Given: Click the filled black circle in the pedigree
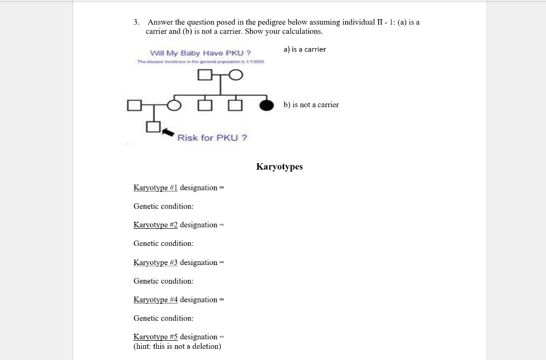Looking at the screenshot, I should tap(267, 105).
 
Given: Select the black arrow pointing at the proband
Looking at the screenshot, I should tap(168, 131).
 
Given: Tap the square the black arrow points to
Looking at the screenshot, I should tap(153, 127).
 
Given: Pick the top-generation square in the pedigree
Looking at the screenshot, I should tap(204, 76).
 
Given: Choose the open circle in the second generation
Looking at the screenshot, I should tap(174, 105).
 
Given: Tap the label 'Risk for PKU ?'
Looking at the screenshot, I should tap(212, 138).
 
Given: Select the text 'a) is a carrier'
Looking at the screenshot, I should tap(304, 49).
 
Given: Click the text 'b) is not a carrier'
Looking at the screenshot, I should tap(311, 105).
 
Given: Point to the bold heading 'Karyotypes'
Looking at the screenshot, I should tap(279, 166).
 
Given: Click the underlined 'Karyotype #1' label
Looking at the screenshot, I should tap(156, 188).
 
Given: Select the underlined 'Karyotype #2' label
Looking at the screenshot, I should tap(156, 225).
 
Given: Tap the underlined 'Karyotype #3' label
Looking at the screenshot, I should tap(156, 262).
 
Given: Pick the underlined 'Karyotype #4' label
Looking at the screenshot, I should tap(156, 300).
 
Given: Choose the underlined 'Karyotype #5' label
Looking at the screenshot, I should tap(156, 337).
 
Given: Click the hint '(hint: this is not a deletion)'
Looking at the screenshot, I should tap(177, 347).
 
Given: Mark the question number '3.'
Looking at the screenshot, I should tap(136, 22).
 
